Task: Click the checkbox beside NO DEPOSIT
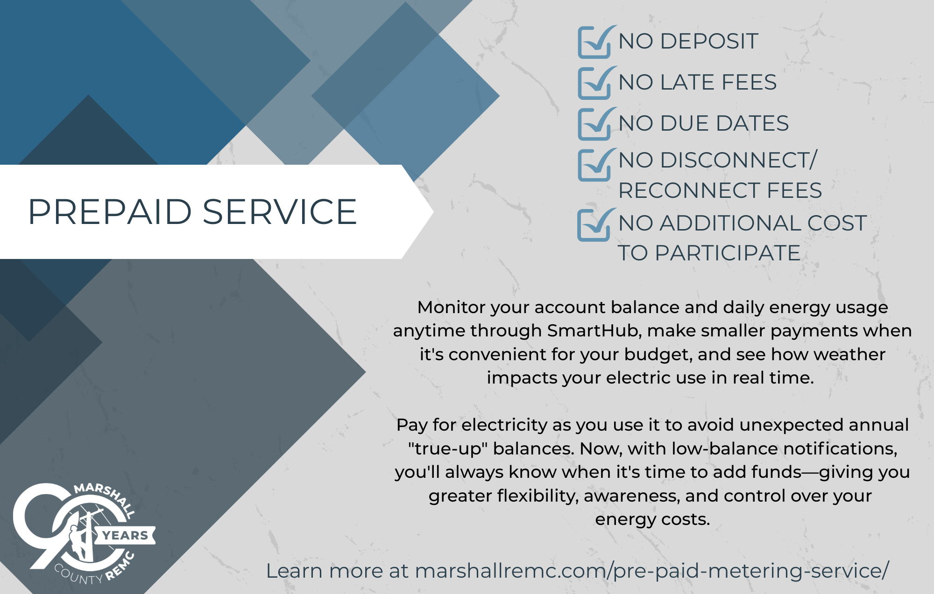pos(594,42)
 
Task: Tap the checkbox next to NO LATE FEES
pos(594,83)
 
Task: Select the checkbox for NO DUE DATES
pos(594,124)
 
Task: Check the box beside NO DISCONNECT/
pos(594,165)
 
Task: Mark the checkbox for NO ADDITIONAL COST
pos(594,225)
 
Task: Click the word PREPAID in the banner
pos(110,212)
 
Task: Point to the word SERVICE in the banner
pos(280,212)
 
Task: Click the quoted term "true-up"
pos(447,449)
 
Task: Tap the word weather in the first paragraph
pos(849,354)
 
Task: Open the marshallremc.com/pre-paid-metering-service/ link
pos(652,571)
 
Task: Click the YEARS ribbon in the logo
pos(125,535)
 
